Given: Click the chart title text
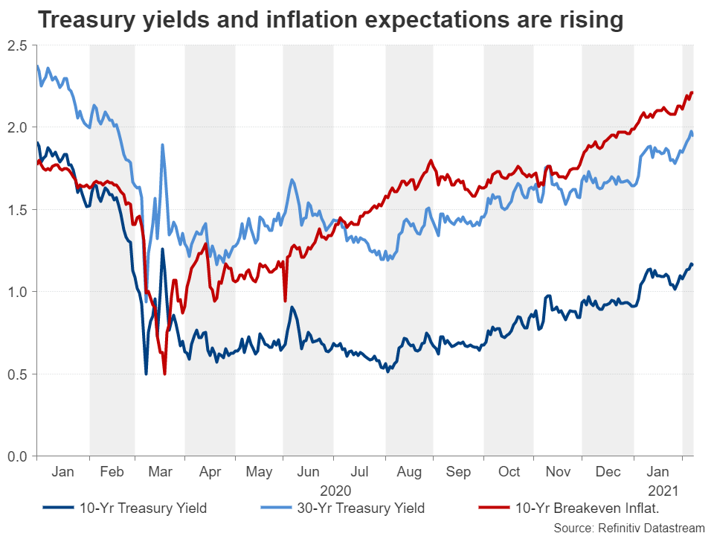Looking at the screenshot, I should click(330, 20).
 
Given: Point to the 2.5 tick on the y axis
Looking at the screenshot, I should click(19, 46).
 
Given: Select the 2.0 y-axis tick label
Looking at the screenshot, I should click(19, 128).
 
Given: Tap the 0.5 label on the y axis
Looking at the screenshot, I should click(19, 374).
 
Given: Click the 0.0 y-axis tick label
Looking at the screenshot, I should click(19, 456).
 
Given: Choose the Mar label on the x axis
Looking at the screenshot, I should click(160, 472).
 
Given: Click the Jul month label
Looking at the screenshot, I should click(360, 472).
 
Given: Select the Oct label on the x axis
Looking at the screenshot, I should click(509, 472).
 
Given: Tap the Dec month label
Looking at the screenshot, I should click(608, 472).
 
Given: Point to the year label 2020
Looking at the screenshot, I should click(335, 491).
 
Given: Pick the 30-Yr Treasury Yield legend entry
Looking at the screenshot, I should click(343, 508).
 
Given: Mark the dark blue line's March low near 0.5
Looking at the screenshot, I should click(146, 373).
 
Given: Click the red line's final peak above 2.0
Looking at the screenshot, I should click(692, 92).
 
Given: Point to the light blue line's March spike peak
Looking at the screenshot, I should click(162, 145).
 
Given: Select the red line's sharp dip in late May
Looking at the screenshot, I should click(285, 300).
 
